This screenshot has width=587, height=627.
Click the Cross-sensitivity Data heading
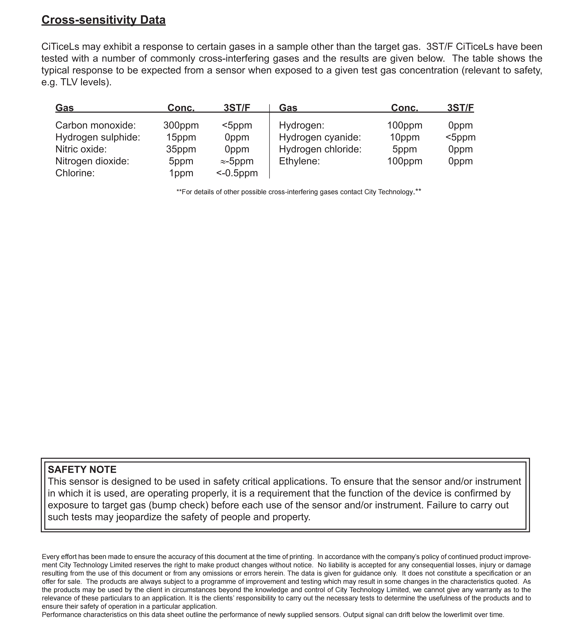tap(104, 20)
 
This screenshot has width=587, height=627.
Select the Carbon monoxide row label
tap(95, 125)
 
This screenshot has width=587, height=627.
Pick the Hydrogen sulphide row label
tap(97, 137)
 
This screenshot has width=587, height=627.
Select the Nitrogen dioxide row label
tap(92, 161)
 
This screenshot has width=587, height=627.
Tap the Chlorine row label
tap(75, 173)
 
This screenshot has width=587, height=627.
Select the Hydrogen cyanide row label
tap(320, 137)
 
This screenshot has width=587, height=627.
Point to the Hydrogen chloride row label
tap(320, 149)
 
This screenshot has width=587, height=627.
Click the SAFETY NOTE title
tap(82, 470)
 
